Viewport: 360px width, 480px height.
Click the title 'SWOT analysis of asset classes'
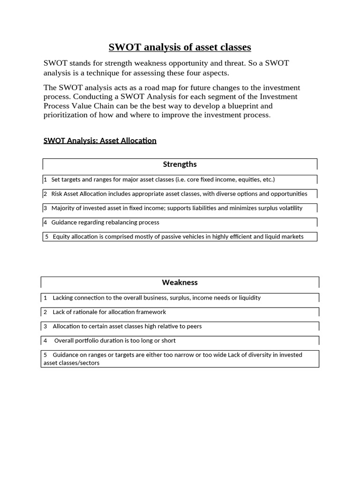(x=180, y=47)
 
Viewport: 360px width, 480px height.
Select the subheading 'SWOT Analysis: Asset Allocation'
(x=100, y=141)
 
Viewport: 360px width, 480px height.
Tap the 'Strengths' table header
(x=180, y=165)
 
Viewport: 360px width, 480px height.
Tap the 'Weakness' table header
(x=180, y=283)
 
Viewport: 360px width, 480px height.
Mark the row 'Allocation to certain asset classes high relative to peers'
(x=127, y=326)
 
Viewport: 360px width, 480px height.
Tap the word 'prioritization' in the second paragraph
(x=65, y=115)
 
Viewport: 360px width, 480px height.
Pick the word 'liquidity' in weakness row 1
(x=249, y=298)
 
